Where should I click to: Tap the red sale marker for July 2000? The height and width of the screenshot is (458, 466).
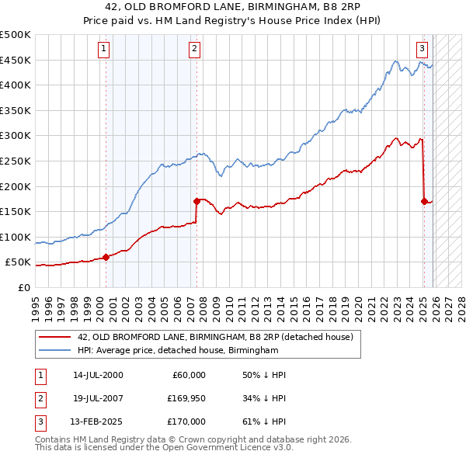tap(106, 257)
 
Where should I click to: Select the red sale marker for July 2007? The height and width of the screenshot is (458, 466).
tap(196, 201)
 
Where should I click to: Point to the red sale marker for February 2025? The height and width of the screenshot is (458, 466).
tap(424, 201)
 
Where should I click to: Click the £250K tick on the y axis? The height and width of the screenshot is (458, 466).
tap(16, 161)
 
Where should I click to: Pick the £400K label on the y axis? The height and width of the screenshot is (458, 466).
tap(16, 85)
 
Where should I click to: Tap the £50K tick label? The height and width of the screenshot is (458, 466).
tap(19, 262)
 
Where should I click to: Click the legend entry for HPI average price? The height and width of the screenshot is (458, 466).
tap(177, 351)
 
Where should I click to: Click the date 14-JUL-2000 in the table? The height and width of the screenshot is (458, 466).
tap(97, 375)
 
